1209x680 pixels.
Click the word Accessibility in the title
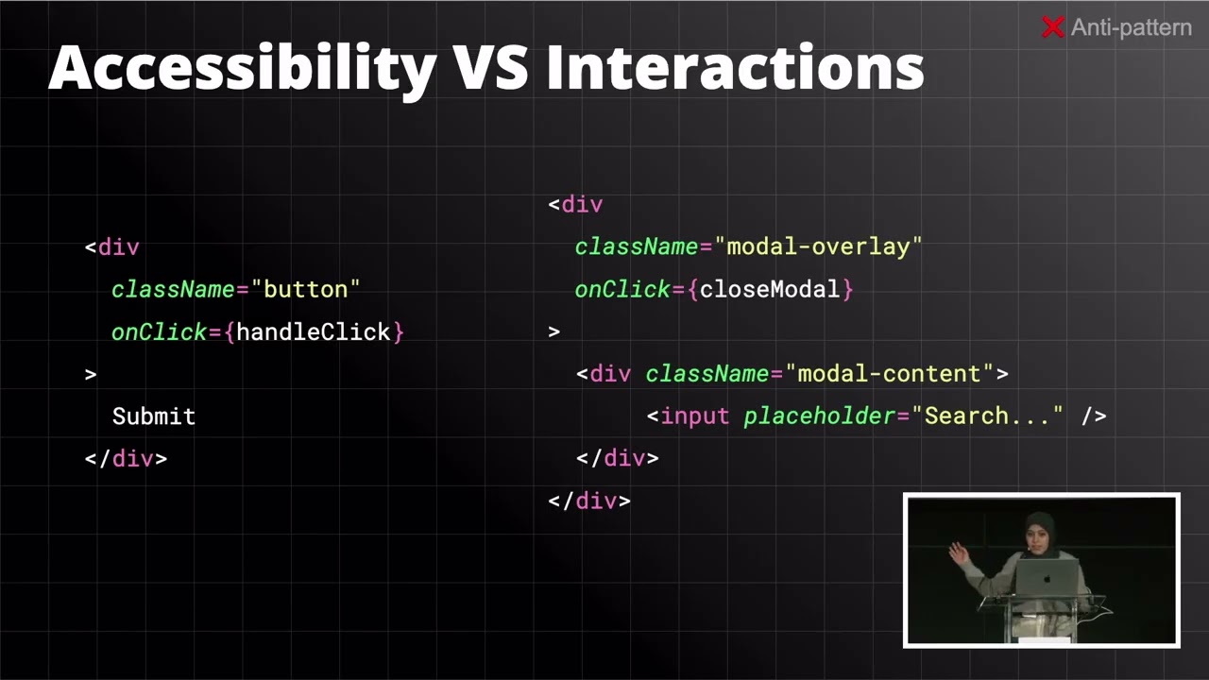click(242, 68)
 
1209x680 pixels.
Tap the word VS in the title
click(491, 68)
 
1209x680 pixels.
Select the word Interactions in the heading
click(735, 68)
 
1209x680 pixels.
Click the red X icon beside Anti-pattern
click(1052, 28)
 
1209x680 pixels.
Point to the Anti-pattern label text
click(1131, 28)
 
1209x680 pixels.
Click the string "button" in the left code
click(305, 289)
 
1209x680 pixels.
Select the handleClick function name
click(314, 331)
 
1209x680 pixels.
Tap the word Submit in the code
click(154, 416)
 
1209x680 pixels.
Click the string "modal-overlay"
click(818, 246)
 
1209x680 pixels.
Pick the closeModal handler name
click(770, 289)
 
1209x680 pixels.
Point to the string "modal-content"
click(889, 374)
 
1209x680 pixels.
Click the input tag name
click(694, 416)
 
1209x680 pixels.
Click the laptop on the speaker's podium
click(1047, 576)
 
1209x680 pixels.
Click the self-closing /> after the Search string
click(1094, 416)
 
